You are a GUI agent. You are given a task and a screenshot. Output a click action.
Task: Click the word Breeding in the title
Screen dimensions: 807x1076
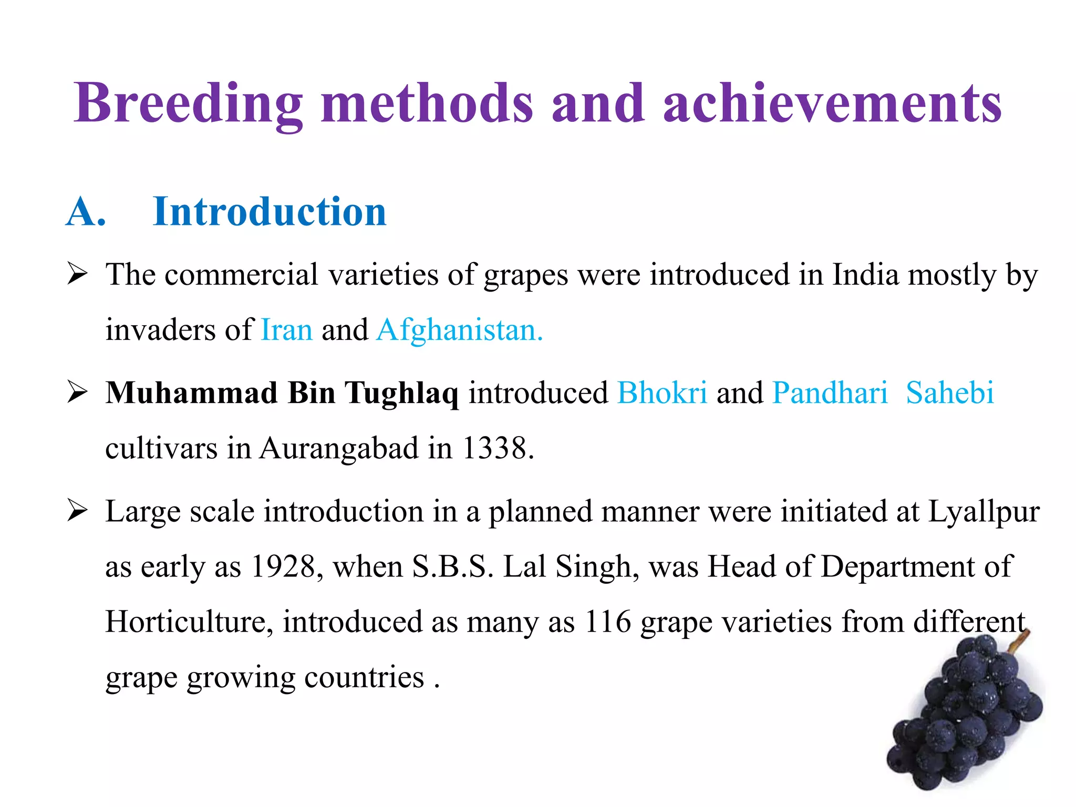188,104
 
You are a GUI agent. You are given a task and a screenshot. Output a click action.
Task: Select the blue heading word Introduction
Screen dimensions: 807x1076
270,212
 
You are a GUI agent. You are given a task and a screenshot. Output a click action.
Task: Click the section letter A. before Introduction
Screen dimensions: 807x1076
86,212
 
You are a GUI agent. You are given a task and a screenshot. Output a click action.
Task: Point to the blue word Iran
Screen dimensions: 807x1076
286,330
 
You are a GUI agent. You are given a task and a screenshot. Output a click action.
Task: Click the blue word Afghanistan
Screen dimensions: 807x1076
459,330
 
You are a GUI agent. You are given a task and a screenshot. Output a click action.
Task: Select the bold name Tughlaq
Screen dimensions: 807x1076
401,393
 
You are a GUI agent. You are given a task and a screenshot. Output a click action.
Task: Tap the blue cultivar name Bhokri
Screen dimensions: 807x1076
662,393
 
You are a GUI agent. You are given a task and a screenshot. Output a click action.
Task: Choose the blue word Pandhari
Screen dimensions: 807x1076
830,393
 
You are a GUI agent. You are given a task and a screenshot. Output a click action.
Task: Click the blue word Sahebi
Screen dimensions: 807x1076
950,393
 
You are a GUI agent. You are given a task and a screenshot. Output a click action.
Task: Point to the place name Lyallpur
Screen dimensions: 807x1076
984,512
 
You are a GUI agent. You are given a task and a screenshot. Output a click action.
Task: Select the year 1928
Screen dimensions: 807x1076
283,567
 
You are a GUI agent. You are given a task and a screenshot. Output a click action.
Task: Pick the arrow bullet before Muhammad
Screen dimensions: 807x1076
77,392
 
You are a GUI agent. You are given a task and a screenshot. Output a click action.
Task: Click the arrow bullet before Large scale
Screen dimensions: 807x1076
77,511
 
